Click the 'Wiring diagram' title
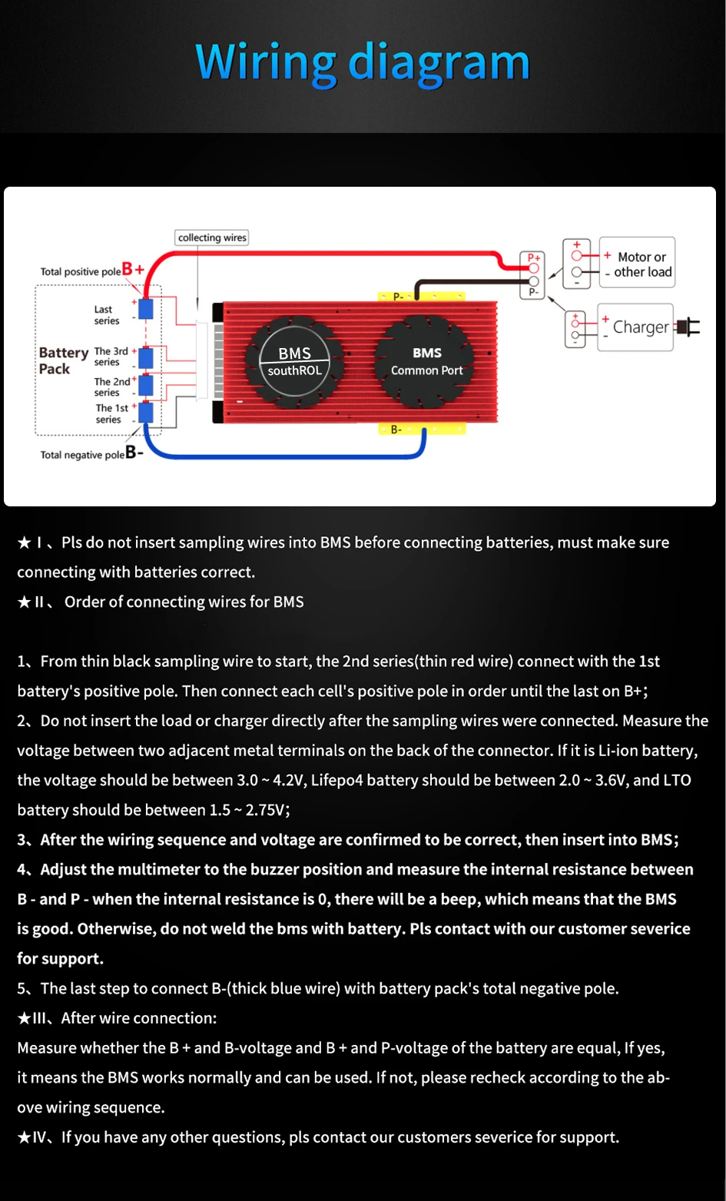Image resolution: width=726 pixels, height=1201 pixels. (x=363, y=63)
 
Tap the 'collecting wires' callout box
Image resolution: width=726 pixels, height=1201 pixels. (x=212, y=237)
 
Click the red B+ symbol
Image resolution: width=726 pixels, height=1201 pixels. (x=133, y=269)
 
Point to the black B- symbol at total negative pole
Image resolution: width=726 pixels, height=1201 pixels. (x=134, y=453)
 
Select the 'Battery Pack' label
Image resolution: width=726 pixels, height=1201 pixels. (x=63, y=360)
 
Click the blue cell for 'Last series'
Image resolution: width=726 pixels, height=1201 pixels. (x=146, y=309)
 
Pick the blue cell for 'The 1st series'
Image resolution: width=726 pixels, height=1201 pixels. (x=146, y=413)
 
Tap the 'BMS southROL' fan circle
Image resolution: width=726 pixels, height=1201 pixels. (x=293, y=362)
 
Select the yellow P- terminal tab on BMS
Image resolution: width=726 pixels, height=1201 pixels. (x=422, y=297)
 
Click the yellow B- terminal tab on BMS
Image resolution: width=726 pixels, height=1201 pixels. (x=422, y=429)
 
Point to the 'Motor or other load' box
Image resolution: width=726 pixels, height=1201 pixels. (x=637, y=263)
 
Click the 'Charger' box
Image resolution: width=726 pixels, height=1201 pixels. (x=635, y=327)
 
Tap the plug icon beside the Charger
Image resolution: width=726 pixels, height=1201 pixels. (x=688, y=327)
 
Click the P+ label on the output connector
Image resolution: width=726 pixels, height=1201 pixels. (x=534, y=257)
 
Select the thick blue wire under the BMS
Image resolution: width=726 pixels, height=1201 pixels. (x=284, y=456)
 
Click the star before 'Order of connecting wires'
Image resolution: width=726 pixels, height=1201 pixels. (x=24, y=602)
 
